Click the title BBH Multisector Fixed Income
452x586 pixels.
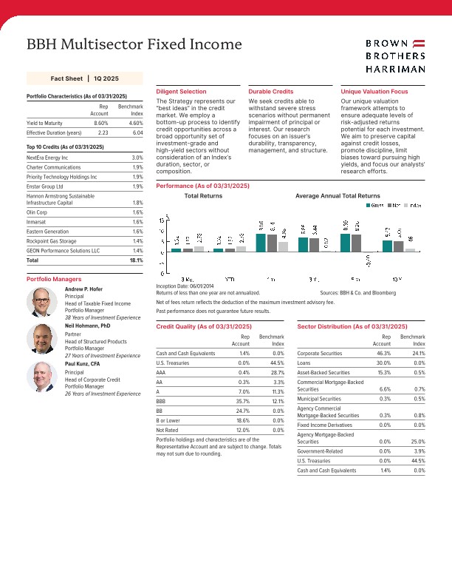(x=134, y=44)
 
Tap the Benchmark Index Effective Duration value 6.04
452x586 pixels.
(x=137, y=132)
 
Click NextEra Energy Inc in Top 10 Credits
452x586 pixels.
(x=47, y=158)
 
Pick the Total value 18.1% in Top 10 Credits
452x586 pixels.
(x=136, y=260)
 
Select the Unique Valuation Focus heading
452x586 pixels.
(x=374, y=91)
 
